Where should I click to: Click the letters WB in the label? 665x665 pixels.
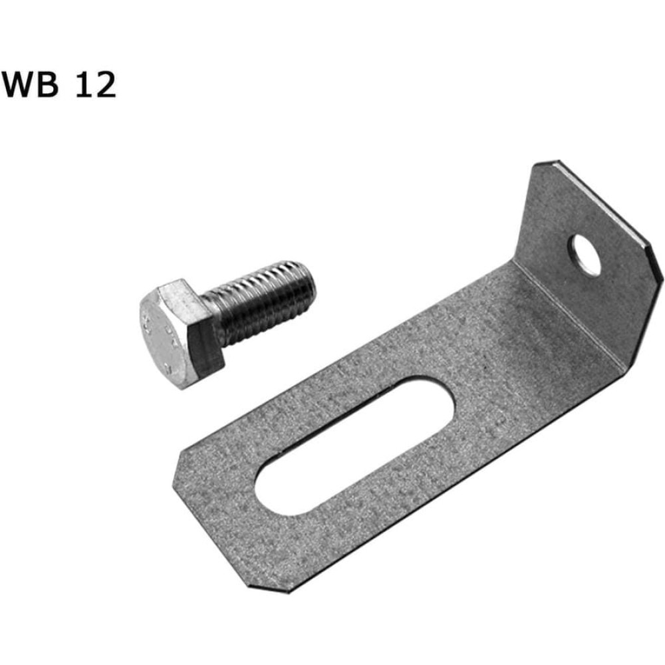(x=30, y=85)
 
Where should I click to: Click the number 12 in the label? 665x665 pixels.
(x=96, y=85)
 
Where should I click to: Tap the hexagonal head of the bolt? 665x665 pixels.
(x=178, y=333)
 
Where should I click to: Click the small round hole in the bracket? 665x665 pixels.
(x=586, y=255)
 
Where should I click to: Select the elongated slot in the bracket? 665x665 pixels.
(x=354, y=446)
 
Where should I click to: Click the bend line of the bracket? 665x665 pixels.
(x=569, y=315)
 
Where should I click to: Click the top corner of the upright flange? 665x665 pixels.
(x=547, y=162)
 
